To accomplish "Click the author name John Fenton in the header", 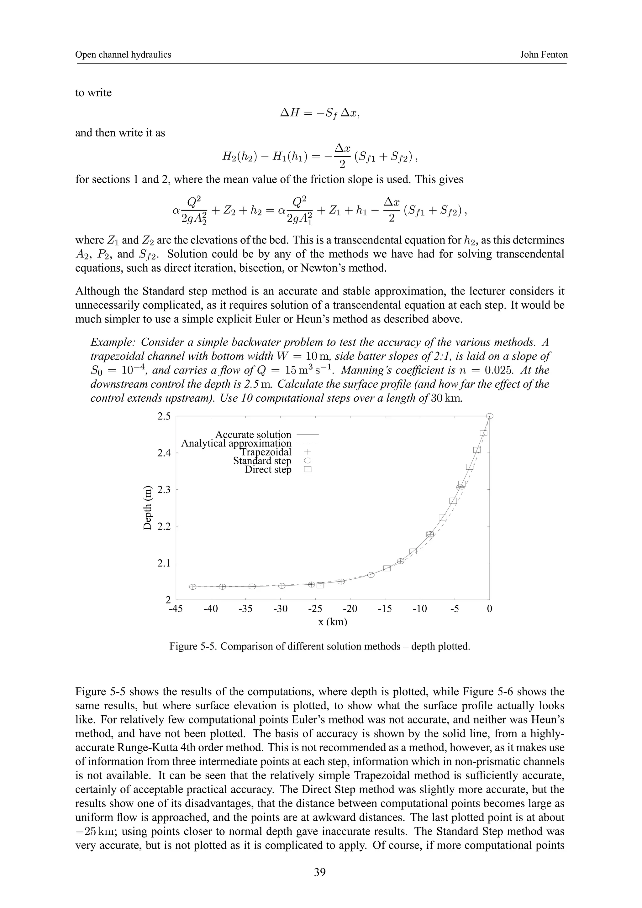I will pos(544,55).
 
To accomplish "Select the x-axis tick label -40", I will pos(210,609).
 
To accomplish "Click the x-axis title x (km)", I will pos(333,622).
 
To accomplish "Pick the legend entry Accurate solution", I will pos(253,435).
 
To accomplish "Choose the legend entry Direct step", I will pos(268,469).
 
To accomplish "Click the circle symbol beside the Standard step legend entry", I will pos(308,461).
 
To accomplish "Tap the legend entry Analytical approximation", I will pos(236,443).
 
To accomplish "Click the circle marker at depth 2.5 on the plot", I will pos(490,416).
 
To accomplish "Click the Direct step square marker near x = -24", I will pos(320,585).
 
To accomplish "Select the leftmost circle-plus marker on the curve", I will pos(193,587).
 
